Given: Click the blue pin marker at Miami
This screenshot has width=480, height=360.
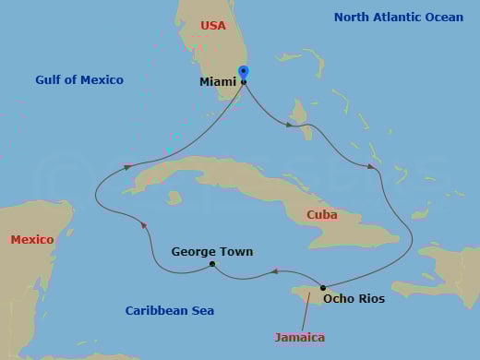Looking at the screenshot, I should click(x=244, y=72).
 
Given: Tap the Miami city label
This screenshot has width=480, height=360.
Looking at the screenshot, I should click(x=218, y=82).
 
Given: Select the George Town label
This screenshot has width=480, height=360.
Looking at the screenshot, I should click(x=212, y=251).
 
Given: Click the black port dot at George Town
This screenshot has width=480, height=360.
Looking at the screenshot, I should click(x=212, y=265).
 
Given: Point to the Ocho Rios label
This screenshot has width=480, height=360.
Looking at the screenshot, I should click(x=354, y=299).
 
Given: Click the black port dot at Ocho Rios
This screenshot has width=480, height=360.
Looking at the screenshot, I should click(x=323, y=288).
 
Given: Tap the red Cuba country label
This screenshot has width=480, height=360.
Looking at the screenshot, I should click(x=322, y=215).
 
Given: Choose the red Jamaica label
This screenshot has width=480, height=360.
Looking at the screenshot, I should click(x=300, y=337).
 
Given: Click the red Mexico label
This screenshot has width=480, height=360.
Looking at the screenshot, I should click(x=32, y=240).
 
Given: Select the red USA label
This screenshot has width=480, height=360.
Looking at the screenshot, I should click(x=213, y=26).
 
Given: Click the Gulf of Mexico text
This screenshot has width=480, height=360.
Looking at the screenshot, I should click(x=79, y=80).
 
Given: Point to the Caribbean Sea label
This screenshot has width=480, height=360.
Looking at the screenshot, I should click(x=170, y=311).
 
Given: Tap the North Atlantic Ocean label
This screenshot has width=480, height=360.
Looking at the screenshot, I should click(x=399, y=18).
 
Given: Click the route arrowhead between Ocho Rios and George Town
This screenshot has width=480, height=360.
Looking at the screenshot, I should click(x=274, y=271).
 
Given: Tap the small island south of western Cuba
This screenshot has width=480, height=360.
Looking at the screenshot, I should click(x=174, y=198).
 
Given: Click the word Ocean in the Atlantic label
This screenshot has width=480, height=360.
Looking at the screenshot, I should click(x=443, y=18).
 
